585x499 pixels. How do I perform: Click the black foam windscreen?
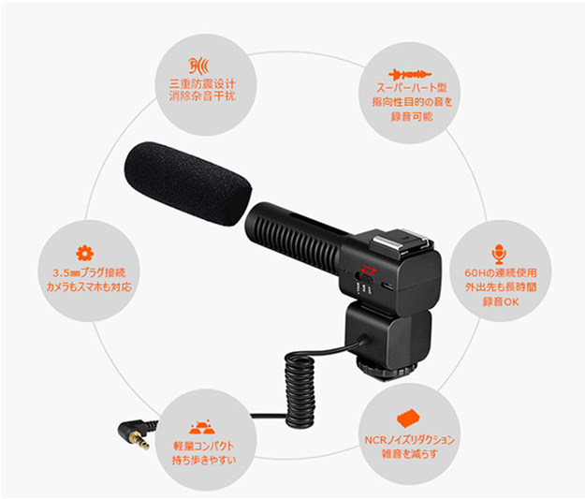click(187, 183)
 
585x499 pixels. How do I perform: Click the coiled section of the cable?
click(300, 390)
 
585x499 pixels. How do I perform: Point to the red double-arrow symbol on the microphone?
click(368, 270)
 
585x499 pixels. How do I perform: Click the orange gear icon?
click(84, 253)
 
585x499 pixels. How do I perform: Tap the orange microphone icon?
click(499, 254)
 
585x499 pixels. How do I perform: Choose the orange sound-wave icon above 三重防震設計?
click(198, 66)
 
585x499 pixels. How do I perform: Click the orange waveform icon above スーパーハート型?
click(410, 75)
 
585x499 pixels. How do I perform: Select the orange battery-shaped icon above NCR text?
click(408, 418)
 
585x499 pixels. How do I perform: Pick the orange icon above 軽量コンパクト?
click(202, 427)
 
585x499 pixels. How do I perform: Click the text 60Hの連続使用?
click(501, 272)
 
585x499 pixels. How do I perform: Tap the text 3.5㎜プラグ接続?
click(89, 272)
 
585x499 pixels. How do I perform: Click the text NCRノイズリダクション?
click(409, 440)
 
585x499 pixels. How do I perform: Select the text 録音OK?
click(501, 301)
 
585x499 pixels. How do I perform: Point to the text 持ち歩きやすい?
click(204, 460)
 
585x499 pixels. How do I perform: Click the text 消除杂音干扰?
click(202, 96)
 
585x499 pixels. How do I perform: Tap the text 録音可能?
click(412, 117)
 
